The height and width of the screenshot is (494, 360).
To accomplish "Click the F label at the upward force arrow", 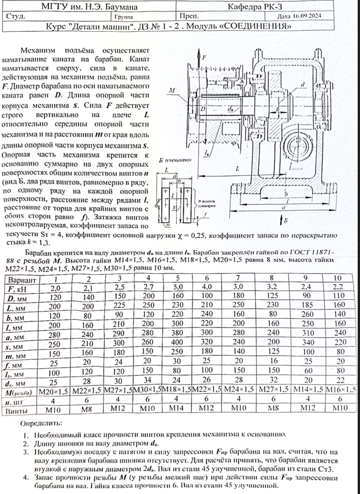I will click(x=204, y=58).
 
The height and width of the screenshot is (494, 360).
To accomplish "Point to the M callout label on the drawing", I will click(x=171, y=90).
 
